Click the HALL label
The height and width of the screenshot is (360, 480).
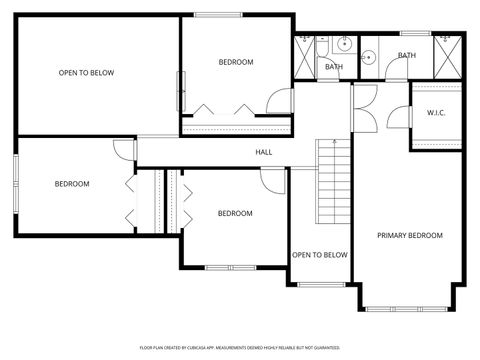pyautogui.click(x=264, y=152)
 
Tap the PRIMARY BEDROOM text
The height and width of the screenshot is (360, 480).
pyautogui.click(x=409, y=235)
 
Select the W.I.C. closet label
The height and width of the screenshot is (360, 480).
pyautogui.click(x=436, y=112)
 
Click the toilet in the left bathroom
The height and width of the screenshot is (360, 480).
pyautogui.click(x=322, y=44)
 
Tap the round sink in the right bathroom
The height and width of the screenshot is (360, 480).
pyautogui.click(x=367, y=57)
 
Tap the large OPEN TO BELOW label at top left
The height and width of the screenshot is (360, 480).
pyautogui.click(x=86, y=72)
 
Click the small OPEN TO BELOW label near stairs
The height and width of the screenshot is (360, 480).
pyautogui.click(x=319, y=255)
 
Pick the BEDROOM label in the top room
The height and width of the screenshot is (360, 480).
pyautogui.click(x=236, y=62)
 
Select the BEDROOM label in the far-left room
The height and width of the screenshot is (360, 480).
pyautogui.click(x=72, y=183)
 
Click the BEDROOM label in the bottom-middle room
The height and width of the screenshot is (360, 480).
pyautogui.click(x=235, y=213)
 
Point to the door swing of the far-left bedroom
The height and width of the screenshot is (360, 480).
pyautogui.click(x=124, y=151)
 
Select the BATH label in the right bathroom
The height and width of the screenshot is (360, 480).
pyautogui.click(x=407, y=55)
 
